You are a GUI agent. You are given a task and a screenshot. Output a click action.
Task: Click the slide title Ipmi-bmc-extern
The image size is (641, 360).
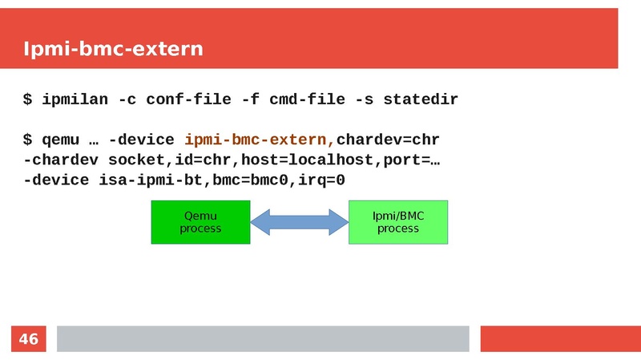[113, 49]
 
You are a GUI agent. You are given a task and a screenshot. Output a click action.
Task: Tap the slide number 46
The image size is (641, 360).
[28, 339]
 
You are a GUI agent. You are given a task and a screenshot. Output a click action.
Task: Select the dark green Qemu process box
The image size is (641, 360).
[200, 222]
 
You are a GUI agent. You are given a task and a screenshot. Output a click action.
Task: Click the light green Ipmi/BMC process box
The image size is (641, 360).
[398, 222]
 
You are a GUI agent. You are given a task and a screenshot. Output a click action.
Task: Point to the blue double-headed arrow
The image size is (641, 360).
[300, 222]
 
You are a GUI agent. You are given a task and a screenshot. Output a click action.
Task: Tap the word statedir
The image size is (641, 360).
[421, 100]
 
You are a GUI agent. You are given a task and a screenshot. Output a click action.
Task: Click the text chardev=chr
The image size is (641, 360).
[388, 140]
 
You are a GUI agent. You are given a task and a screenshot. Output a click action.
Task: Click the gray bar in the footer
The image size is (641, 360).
[262, 338]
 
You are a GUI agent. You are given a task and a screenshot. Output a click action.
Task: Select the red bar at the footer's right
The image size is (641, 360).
[560, 338]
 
